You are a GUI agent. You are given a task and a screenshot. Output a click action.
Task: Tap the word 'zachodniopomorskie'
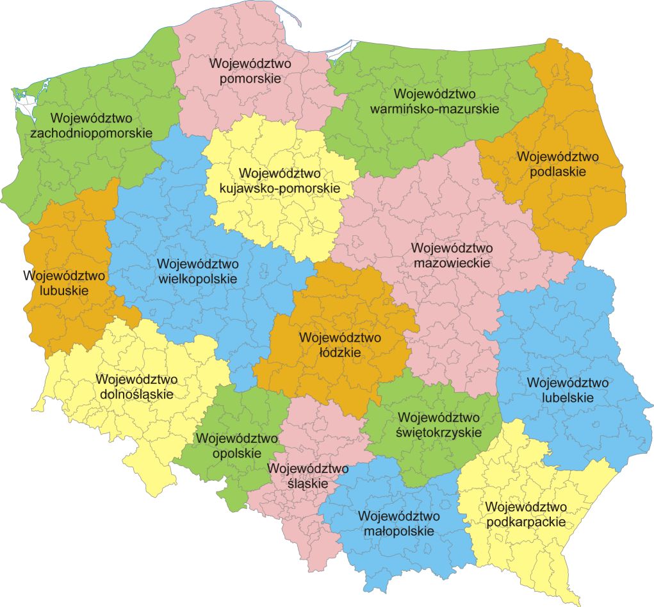92,133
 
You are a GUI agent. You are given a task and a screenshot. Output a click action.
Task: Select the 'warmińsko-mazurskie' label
435,108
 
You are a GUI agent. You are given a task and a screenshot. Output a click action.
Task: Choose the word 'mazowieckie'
452,263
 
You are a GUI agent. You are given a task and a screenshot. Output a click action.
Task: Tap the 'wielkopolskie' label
198,279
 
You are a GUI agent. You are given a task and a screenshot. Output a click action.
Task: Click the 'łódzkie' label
340,353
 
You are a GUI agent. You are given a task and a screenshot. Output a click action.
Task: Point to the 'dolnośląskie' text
137,394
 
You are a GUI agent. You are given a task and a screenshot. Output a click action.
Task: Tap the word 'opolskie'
237,453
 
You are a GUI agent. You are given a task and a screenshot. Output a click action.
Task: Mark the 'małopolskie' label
399,531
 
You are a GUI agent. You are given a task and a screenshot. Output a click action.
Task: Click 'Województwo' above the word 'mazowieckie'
452,247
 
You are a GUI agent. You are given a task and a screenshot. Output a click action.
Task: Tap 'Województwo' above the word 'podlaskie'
558,156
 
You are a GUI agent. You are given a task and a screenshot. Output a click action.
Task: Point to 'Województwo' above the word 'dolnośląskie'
137,379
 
